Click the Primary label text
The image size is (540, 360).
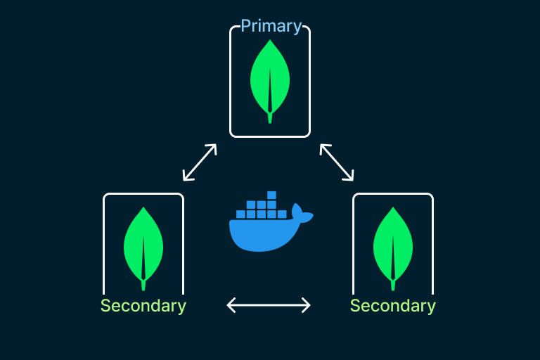coord(271,27)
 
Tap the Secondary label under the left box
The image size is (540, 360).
coord(143,306)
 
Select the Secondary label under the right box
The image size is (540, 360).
coord(392,306)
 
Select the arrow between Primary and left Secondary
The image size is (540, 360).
coord(200,162)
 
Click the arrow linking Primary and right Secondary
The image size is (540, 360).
coord(337,162)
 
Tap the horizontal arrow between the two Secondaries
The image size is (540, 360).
coord(269,304)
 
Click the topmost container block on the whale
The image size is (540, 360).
coord(271,195)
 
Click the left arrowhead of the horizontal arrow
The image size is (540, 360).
coord(231,304)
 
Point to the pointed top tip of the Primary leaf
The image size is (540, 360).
coord(270,41)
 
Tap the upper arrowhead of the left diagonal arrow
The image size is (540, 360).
coord(213,148)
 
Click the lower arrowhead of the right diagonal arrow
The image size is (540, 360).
coord(351,176)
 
